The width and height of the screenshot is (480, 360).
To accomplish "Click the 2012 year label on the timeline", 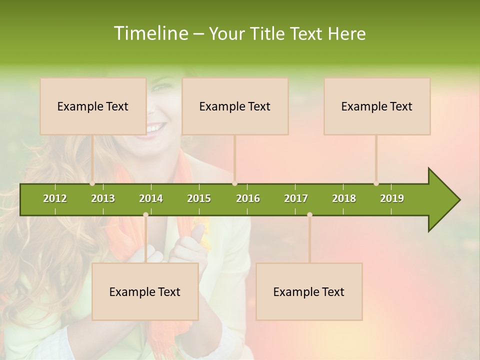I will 55,198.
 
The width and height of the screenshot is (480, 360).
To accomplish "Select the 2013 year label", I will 103,198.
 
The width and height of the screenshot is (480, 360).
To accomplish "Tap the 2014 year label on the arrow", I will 151,198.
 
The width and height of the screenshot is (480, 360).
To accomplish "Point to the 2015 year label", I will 199,198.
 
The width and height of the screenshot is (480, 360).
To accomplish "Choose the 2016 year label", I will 248,198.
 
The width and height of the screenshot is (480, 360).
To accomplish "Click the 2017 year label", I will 296,198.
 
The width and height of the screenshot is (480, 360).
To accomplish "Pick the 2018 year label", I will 344,198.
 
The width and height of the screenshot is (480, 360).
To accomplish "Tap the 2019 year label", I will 392,198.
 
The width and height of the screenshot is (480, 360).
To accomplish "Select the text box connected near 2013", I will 93,106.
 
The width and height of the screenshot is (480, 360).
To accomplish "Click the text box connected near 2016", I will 235,106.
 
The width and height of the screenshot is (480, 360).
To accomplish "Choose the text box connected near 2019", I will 377,106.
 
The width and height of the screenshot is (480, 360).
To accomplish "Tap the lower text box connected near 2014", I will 145,291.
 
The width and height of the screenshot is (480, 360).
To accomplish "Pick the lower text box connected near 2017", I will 309,291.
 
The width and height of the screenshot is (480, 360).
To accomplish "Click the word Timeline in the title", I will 149,33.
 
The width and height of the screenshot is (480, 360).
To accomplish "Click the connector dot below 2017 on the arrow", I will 309,214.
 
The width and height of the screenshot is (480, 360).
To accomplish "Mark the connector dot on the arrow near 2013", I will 92,183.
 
